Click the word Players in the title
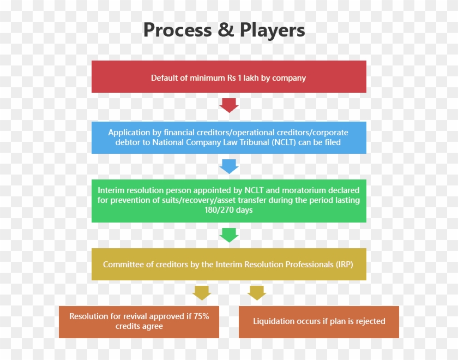pos(272,30)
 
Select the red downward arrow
pos(229,105)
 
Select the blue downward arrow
pos(229,166)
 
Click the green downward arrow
pos(229,235)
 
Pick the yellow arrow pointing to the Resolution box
pos(202,292)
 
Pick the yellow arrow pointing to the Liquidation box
pos(256,292)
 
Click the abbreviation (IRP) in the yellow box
pos(343,265)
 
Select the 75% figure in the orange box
pos(200,316)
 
